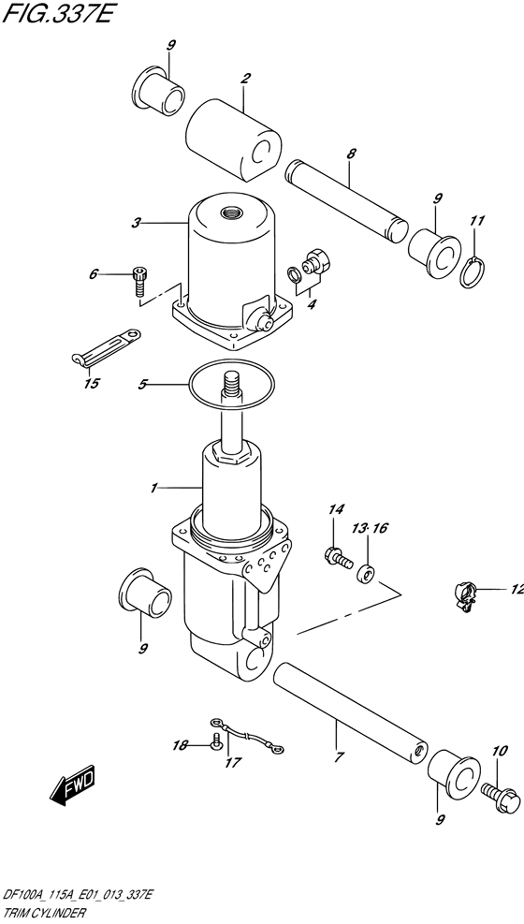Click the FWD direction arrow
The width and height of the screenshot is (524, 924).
72,788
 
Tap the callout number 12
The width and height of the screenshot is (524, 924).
517,589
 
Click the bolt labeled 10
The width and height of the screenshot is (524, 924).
501,796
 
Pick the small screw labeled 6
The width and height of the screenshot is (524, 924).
138,281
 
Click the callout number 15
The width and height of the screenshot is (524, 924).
92,383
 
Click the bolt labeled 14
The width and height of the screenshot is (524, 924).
338,557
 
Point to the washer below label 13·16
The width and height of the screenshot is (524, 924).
368,573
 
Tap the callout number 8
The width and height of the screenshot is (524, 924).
351,154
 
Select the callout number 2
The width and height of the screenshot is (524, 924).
245,79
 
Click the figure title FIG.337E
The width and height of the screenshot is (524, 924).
56,13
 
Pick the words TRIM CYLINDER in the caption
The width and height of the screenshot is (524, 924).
44,915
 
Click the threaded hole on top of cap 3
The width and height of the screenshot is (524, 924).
228,212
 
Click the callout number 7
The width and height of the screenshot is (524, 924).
338,756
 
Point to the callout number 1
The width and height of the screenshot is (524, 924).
153,488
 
